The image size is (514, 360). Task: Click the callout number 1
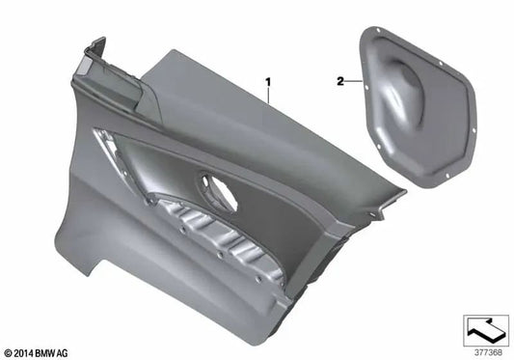point(268,82)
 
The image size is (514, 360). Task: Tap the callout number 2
point(340,81)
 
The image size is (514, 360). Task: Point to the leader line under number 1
point(268,96)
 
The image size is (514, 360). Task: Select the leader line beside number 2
point(353,81)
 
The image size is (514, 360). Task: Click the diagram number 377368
point(488,352)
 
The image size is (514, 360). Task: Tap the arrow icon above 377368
point(486,330)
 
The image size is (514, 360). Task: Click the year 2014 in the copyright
point(23,353)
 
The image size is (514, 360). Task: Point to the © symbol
point(9,354)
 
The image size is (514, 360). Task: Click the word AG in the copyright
point(63,353)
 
